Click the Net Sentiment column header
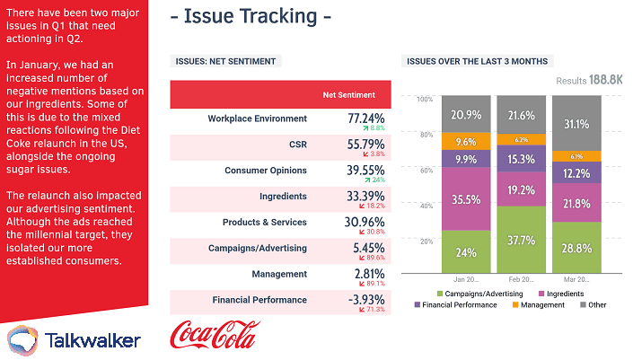[x=349, y=94]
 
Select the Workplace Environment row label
[x=257, y=119]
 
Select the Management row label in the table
[x=281, y=274]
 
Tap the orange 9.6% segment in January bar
[x=465, y=141]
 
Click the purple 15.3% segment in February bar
[x=520, y=159]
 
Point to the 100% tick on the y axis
[x=425, y=98]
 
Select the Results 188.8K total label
[x=589, y=80]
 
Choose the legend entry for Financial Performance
[x=456, y=305]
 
